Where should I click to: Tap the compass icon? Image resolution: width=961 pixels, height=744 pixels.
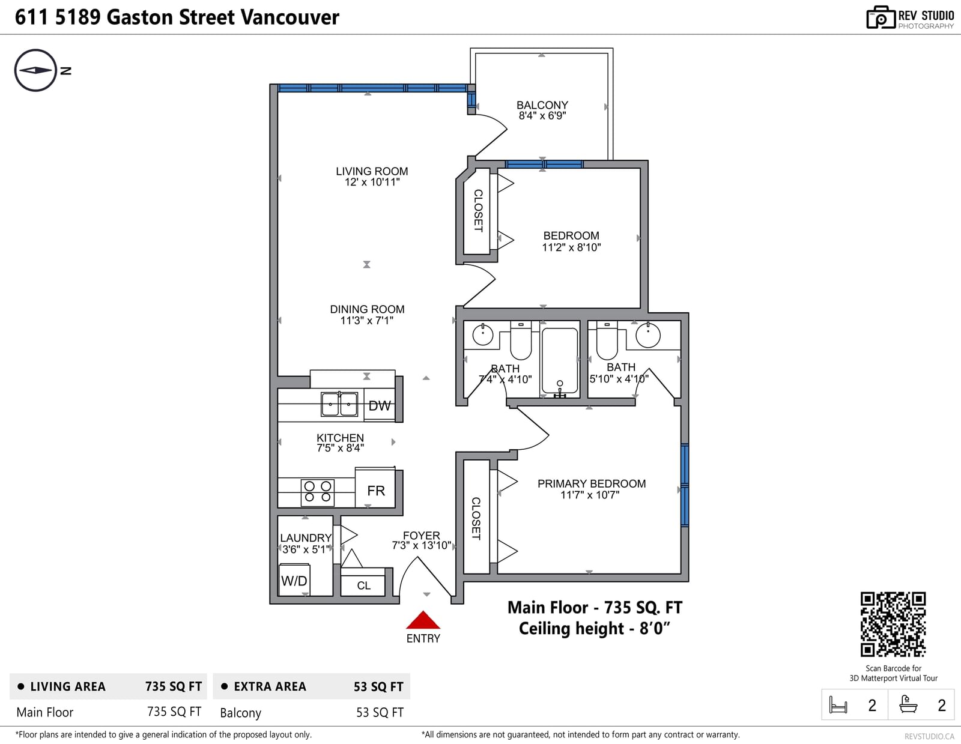(x=35, y=70)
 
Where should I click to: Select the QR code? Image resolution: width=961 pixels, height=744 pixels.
(x=893, y=624)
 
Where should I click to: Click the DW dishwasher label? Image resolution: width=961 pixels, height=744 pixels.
(x=380, y=405)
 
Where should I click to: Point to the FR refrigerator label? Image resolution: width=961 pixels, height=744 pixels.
(x=376, y=491)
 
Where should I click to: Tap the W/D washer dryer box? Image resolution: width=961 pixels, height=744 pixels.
(x=294, y=579)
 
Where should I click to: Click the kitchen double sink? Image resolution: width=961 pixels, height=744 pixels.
(x=339, y=404)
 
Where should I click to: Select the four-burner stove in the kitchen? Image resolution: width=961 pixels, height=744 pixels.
(x=318, y=492)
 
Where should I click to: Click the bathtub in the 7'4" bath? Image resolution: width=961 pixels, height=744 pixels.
(x=559, y=361)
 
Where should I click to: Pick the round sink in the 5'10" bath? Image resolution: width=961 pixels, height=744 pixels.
(x=648, y=335)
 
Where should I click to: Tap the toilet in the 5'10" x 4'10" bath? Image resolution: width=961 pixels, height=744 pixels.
(x=607, y=340)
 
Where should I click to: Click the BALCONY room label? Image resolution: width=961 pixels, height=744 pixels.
(x=542, y=105)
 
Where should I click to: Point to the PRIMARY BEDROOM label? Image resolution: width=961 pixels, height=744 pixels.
(x=591, y=483)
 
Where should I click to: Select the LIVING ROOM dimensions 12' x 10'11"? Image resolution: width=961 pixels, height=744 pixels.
(x=372, y=182)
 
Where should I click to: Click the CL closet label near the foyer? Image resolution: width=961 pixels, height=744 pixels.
(x=363, y=585)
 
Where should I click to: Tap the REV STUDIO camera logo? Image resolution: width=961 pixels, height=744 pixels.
(x=881, y=17)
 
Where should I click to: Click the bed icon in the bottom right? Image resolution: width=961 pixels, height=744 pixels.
(x=838, y=705)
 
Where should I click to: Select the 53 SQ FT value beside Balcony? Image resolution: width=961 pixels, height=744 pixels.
(x=380, y=713)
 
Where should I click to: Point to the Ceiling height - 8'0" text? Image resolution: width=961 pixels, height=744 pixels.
(x=595, y=629)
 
